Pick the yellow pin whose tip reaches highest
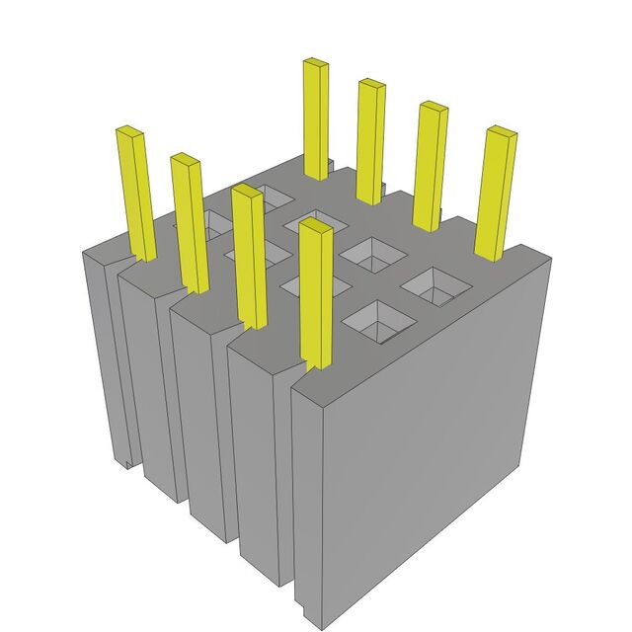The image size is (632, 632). click(315, 118)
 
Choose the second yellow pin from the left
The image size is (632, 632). click(189, 222)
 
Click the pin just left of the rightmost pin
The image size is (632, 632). click(430, 164)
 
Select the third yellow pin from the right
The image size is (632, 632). click(370, 139)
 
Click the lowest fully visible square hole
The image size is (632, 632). click(372, 322)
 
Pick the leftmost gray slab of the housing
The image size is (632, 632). click(105, 355)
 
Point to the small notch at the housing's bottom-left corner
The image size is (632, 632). click(128, 461)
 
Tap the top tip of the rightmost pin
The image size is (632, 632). click(502, 131)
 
